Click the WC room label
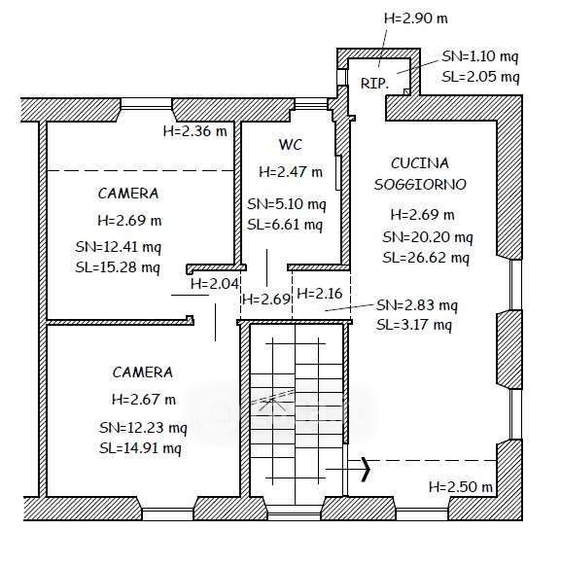click(x=291, y=145)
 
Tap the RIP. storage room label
click(x=375, y=84)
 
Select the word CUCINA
click(x=420, y=163)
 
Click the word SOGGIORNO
click(x=420, y=185)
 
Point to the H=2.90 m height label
click(x=416, y=18)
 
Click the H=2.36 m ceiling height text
click(x=195, y=131)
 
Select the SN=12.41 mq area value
click(x=119, y=247)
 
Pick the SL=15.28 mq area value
click(x=118, y=267)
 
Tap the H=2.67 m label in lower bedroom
click(x=144, y=400)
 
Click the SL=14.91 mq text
click(x=141, y=448)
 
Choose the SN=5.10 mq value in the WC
click(x=287, y=204)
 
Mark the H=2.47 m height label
click(x=291, y=172)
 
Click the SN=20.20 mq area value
click(x=428, y=237)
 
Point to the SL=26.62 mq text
click(x=427, y=258)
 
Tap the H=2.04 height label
click(x=215, y=284)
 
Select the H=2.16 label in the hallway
click(x=319, y=294)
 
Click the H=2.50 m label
click(x=461, y=487)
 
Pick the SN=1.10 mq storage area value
click(x=480, y=56)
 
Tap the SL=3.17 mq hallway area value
click(x=414, y=326)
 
